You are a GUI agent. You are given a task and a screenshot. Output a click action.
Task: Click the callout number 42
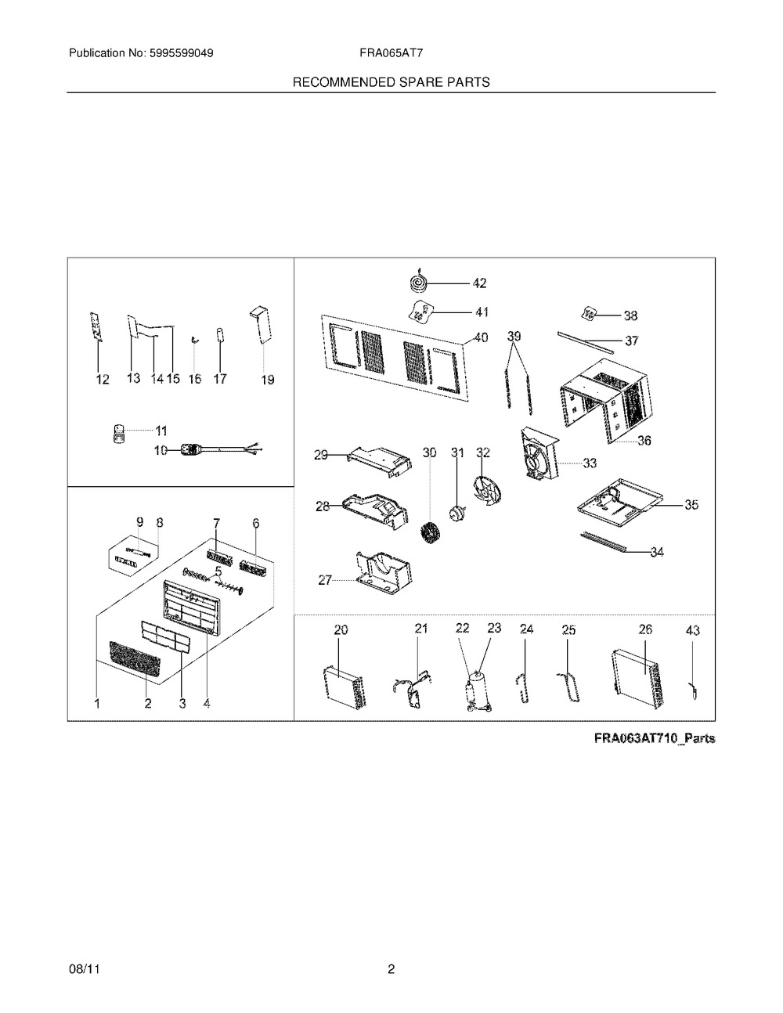coord(479,283)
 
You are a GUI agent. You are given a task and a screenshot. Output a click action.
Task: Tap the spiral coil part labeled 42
coord(417,282)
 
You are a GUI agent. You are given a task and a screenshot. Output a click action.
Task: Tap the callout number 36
coord(644,441)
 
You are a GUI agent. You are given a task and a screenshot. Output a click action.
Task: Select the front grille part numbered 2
coord(134,658)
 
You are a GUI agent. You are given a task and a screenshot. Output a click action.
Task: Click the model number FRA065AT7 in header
coord(391,53)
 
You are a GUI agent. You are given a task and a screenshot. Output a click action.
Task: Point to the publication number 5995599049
coord(182,53)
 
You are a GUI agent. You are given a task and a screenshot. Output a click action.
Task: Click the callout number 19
coord(268,380)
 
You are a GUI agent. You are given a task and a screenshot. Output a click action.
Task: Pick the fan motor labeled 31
coord(456,514)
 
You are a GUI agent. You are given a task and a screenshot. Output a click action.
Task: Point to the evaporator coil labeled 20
coord(345,687)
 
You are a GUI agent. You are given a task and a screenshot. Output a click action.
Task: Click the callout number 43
coord(693,630)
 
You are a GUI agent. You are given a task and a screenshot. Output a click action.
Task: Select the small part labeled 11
coord(120,434)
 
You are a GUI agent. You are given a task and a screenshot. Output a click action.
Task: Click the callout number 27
coord(325,580)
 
